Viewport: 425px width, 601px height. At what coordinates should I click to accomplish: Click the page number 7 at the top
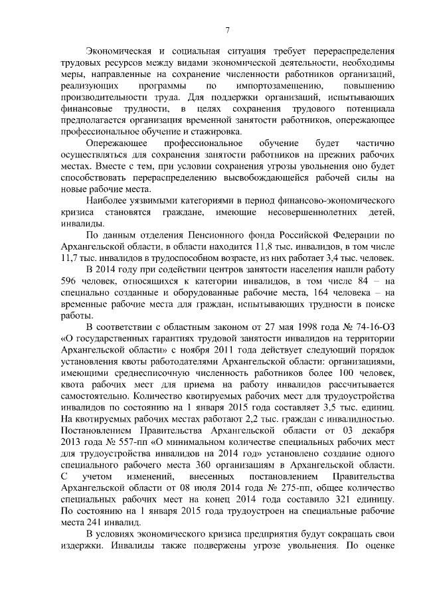(x=227, y=30)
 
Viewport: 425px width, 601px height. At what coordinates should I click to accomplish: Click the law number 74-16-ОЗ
(x=371, y=326)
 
